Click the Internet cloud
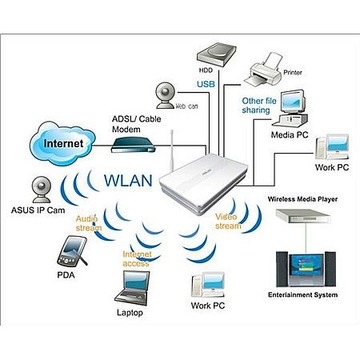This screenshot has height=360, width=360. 62,143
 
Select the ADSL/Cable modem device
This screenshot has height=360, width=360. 133,145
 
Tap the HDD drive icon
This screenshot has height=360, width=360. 216,54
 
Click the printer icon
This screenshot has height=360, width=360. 263,70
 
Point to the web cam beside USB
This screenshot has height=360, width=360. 166,95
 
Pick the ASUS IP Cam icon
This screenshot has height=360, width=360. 42,190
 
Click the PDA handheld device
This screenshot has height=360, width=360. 72,250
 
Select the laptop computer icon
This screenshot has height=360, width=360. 133,288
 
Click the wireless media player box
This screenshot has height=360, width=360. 303,216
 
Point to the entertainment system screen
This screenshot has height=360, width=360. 306,266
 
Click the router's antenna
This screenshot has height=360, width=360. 172,150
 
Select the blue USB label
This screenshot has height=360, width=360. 206,84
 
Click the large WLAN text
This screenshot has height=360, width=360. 128,180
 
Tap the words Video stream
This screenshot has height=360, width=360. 228,222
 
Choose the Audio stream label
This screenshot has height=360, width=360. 89,223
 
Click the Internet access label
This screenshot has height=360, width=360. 137,259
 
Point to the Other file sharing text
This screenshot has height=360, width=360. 259,106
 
